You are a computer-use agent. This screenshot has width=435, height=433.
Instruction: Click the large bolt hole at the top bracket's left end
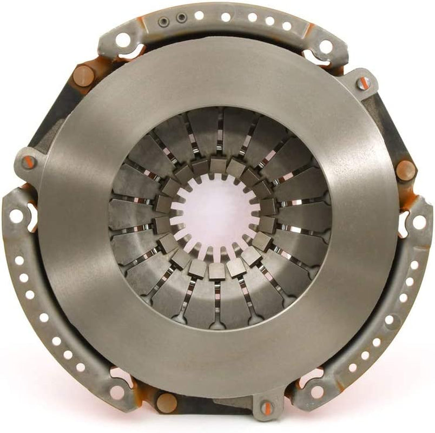123,39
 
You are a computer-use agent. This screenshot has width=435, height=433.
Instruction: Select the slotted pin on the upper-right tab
364,83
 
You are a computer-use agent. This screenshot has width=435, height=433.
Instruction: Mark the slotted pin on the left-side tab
28,161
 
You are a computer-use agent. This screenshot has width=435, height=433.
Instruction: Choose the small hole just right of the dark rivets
199,16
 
